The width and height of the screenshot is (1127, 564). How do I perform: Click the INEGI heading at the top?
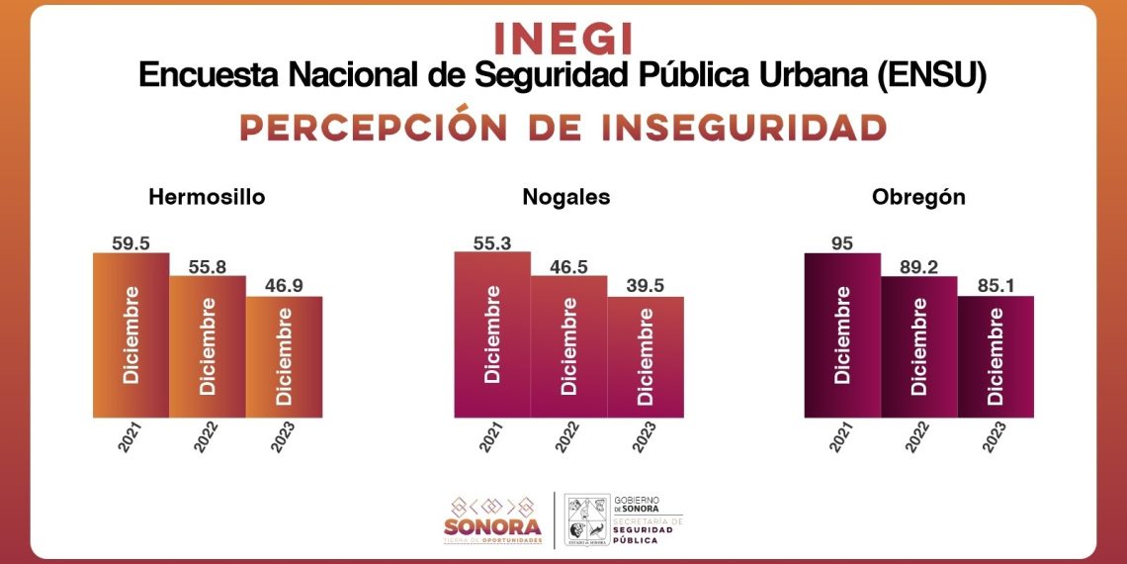[x=563, y=38]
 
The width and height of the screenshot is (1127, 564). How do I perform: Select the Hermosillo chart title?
[x=207, y=197]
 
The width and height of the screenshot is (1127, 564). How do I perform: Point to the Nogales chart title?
[x=566, y=197]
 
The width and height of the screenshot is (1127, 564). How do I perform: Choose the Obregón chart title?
[x=918, y=197]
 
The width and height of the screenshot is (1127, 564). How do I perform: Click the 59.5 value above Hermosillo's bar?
[x=130, y=242]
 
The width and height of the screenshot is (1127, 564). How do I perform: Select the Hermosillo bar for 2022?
[x=208, y=346]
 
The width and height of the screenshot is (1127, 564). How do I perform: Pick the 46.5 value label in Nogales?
[x=568, y=264]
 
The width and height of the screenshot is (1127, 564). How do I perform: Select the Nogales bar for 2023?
[x=646, y=356]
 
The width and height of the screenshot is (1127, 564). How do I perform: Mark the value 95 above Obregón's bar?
[x=842, y=242]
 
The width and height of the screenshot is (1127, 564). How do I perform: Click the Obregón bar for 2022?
[x=919, y=346]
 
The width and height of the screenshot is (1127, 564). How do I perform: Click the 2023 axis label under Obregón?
[x=995, y=437]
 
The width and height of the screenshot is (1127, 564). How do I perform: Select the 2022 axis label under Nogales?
[x=567, y=437]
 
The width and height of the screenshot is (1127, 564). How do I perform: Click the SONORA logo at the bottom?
[x=492, y=519]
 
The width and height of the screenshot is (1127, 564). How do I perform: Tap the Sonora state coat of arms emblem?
[x=585, y=519]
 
